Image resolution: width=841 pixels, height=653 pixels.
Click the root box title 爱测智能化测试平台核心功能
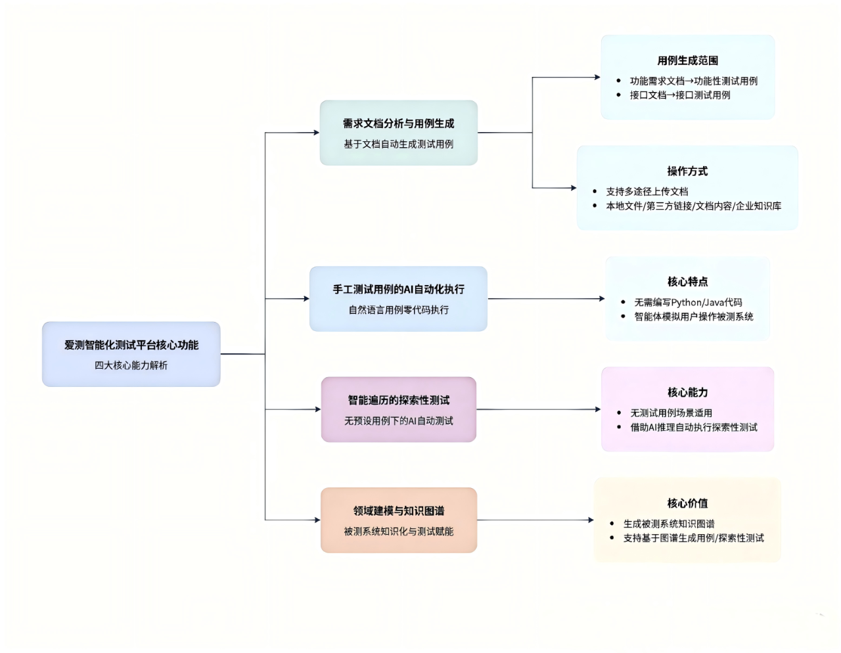click(131, 345)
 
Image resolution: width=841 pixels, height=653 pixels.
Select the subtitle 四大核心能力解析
click(131, 365)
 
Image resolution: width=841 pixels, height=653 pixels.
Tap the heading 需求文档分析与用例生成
click(398, 124)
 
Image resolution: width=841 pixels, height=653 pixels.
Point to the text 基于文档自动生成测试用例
click(398, 144)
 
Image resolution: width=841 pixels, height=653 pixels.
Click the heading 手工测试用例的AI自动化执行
click(398, 289)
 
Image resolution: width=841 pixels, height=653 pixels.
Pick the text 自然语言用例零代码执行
click(398, 309)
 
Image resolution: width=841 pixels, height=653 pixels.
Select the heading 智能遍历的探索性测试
click(398, 400)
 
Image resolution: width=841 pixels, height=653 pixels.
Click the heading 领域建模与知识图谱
click(398, 510)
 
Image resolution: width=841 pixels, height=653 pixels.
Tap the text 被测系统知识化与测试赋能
click(398, 531)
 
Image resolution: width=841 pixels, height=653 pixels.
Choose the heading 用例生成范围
click(687, 60)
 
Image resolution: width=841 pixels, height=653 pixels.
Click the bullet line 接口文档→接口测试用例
click(679, 95)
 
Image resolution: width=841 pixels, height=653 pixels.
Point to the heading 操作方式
click(687, 171)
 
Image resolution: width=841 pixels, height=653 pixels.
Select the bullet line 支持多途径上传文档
click(647, 192)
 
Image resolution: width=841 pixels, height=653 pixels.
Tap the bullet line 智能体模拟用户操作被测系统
click(693, 317)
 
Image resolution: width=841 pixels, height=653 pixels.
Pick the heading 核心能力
click(687, 392)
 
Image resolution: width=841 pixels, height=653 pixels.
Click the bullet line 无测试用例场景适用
click(671, 413)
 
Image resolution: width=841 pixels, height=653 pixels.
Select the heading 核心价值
click(687, 503)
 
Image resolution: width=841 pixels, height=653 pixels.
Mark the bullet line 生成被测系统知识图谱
click(668, 524)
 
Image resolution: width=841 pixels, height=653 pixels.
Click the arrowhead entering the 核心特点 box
click(602, 299)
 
